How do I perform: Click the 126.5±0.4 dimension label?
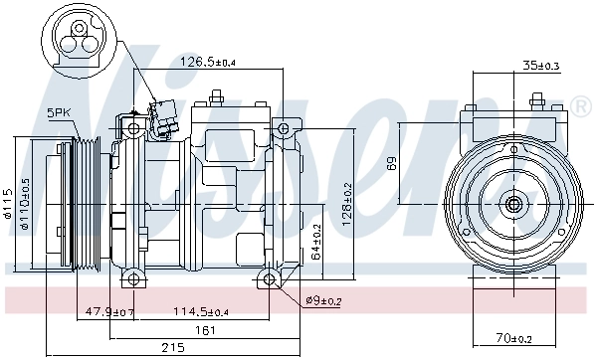point(208,63)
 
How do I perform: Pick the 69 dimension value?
point(392,164)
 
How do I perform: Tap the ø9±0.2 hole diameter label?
point(323,301)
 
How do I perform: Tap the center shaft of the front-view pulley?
point(513,205)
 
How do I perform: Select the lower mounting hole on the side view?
point(271,277)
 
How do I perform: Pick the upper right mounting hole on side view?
point(284,129)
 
